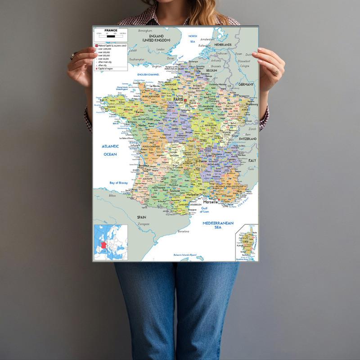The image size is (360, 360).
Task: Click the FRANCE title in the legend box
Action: [111, 30]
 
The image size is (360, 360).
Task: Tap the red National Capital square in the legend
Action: [96, 46]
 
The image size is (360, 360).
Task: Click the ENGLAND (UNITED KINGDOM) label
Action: [156, 38]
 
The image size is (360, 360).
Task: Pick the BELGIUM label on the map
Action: [211, 71]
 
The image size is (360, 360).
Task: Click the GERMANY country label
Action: [247, 84]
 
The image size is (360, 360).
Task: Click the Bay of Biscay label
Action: [119, 183]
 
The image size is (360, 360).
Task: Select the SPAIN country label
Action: [142, 216]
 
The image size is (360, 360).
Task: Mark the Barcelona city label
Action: [183, 231]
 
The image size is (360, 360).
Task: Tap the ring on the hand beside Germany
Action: [276, 71]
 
